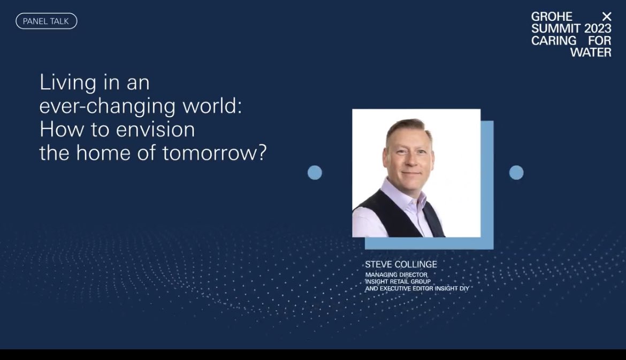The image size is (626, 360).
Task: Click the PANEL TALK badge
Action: (x=47, y=21)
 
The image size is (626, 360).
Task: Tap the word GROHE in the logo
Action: (x=551, y=17)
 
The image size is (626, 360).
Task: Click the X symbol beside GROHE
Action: (x=606, y=17)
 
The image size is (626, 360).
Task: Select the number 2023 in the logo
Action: (x=597, y=28)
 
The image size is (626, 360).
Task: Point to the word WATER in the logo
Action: (x=591, y=52)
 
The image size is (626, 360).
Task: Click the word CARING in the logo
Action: (x=554, y=40)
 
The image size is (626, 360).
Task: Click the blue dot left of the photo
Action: (x=315, y=172)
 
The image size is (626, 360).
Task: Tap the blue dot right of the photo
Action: (x=516, y=172)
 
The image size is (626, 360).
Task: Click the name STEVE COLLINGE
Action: (x=401, y=264)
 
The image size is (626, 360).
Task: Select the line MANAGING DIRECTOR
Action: (x=396, y=274)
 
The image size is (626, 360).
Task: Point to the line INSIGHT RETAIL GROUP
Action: (x=398, y=281)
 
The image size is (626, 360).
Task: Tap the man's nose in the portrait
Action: (x=410, y=160)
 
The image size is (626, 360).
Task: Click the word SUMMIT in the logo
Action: (x=555, y=28)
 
